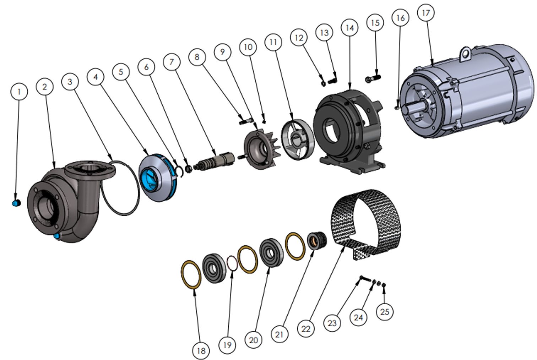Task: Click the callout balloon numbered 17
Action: point(426,13)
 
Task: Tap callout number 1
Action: point(19,92)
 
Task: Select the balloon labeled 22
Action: point(306,329)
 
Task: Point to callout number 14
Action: point(350,28)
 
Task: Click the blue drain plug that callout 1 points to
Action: point(16,203)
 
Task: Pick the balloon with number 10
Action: point(248,47)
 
